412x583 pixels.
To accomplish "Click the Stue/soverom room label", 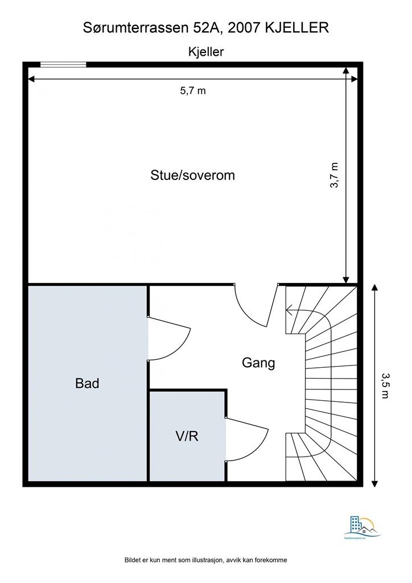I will pos(192,175).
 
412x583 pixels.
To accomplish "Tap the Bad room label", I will pos(87,383).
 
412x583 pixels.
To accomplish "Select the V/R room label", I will pos(186,437).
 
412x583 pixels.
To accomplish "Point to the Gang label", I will pos(258,363).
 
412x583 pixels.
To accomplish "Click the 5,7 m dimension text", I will pos(193,91).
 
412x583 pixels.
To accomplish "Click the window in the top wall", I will pos(63,65).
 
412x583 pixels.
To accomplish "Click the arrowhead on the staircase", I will pos(290,311).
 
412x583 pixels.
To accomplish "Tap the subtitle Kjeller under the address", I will pos(206,51).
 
